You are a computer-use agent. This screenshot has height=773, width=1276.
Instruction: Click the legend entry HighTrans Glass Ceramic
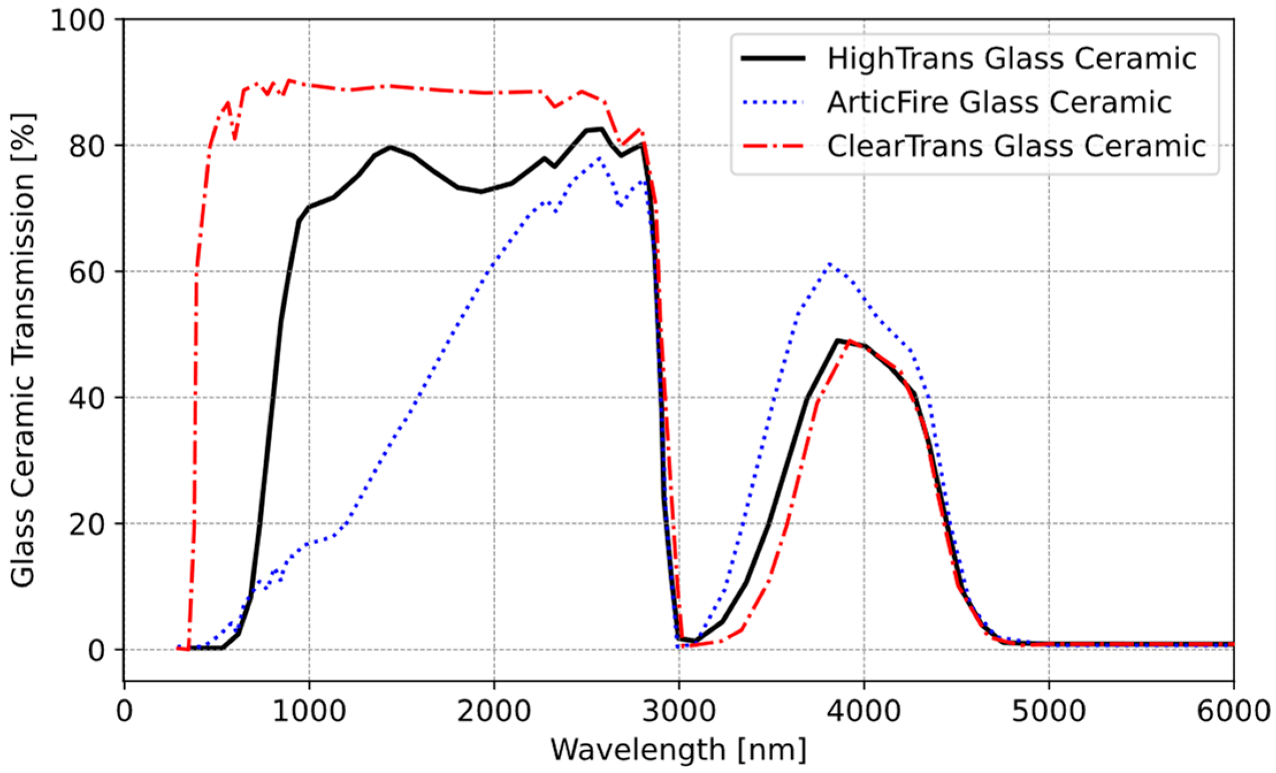1011,59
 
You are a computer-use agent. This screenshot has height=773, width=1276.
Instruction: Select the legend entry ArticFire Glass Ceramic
999,102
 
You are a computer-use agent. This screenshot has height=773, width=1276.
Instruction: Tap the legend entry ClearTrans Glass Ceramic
1016,146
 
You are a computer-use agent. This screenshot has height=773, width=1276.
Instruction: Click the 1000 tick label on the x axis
309,711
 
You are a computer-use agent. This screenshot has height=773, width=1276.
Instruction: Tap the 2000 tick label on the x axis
494,711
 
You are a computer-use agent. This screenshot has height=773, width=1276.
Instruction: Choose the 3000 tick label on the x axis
679,711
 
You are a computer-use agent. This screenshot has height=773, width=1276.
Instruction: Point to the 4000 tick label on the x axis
864,711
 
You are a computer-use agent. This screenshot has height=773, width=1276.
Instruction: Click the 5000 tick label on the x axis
1049,711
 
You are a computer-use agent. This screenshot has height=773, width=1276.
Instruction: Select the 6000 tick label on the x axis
1233,711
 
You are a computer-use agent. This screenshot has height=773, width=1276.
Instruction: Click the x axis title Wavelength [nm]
679,750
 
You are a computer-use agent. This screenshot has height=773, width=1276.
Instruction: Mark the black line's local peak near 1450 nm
391,147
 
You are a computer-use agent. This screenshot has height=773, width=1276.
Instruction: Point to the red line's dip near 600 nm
235,139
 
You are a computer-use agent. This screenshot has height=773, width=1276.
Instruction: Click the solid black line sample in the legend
773,59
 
